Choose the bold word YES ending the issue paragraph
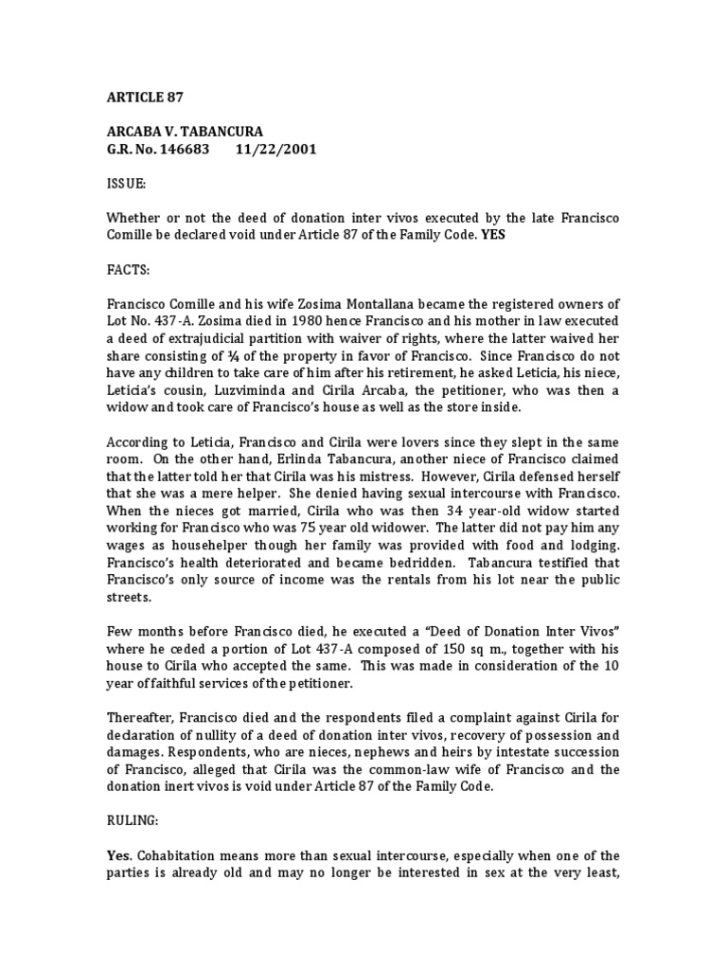point(492,236)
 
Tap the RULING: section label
point(134,824)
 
